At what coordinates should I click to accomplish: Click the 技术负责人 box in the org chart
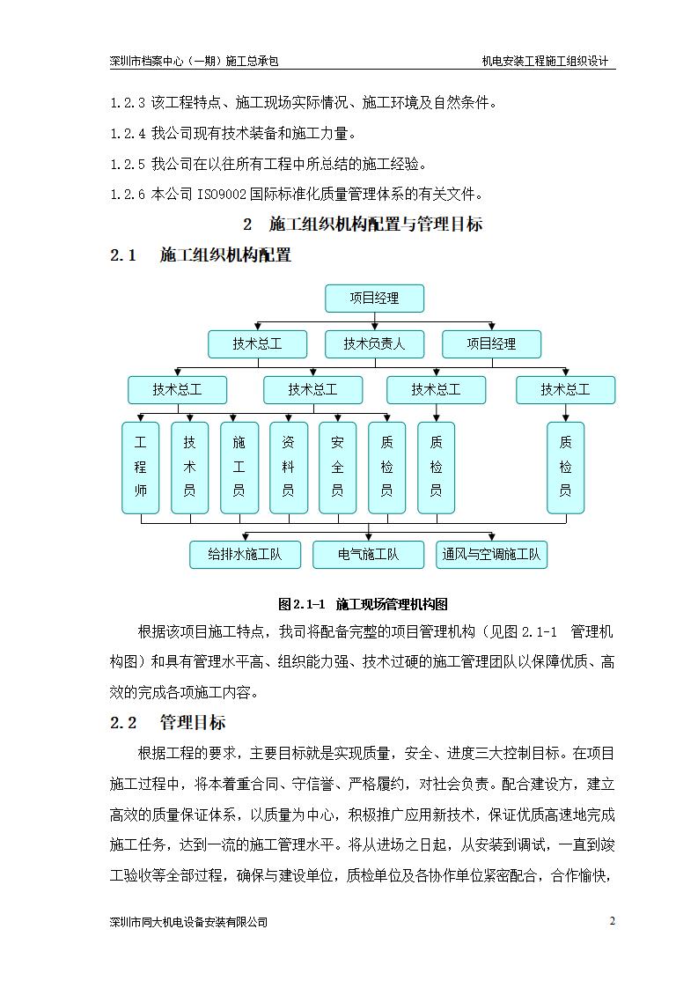[374, 344]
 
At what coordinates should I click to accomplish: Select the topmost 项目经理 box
[374, 299]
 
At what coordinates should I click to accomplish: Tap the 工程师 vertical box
[141, 468]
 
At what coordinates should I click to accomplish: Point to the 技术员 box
[189, 468]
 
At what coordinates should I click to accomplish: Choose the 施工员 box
[239, 468]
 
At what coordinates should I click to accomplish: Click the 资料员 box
[288, 468]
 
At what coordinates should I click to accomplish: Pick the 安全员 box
[337, 468]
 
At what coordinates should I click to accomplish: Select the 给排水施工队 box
[245, 555]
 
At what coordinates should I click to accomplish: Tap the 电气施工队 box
[368, 555]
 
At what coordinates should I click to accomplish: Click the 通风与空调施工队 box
[492, 555]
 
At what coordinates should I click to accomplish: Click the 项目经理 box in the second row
[491, 344]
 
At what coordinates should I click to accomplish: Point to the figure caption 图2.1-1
[302, 604]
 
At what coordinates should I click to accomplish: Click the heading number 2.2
[124, 723]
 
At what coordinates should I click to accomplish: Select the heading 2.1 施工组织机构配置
[201, 256]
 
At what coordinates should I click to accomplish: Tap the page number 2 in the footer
[612, 921]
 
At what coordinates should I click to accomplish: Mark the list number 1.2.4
[128, 134]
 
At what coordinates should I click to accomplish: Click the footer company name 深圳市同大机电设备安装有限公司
[187, 922]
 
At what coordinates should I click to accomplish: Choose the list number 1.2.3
[128, 104]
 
